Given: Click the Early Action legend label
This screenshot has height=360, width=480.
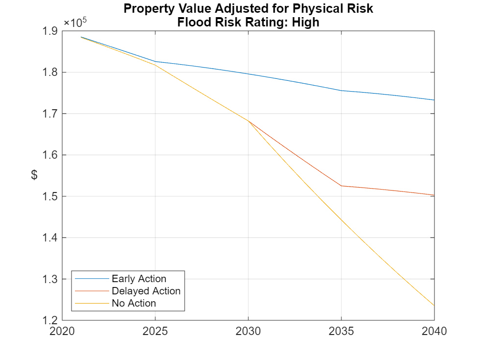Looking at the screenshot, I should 139,279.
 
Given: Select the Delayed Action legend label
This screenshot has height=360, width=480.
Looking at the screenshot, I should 146,291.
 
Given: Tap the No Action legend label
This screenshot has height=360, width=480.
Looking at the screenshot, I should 134,303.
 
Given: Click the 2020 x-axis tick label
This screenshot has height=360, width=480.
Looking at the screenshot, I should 62,332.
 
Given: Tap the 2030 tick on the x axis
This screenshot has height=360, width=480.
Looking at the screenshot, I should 248,332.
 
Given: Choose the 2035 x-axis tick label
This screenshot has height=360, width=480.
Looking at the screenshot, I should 341,332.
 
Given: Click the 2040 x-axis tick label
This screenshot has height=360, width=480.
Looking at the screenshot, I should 434,332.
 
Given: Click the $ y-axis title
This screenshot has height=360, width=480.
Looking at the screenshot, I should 34,175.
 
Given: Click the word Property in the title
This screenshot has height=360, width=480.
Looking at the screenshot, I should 145,9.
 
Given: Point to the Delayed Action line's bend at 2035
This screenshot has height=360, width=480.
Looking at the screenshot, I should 341,186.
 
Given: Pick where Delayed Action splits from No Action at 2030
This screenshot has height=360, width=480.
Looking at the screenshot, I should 248,121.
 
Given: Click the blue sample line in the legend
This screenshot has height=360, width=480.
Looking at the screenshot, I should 92,279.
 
